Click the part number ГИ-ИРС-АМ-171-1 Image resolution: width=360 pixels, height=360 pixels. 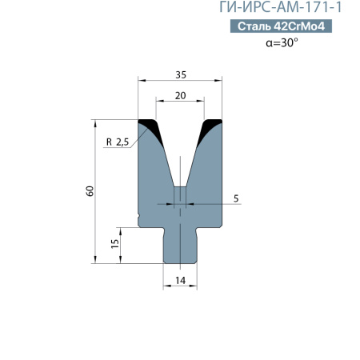tap(286, 9)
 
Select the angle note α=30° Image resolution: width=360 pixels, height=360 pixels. tap(282, 43)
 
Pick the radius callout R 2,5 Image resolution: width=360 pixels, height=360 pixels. tap(117, 142)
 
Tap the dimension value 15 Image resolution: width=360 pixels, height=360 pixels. tap(114, 242)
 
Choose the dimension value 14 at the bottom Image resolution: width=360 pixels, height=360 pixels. tap(180, 280)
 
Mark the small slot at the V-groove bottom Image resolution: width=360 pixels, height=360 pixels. tap(180, 197)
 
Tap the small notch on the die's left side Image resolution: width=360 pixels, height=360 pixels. tap(140, 215)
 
